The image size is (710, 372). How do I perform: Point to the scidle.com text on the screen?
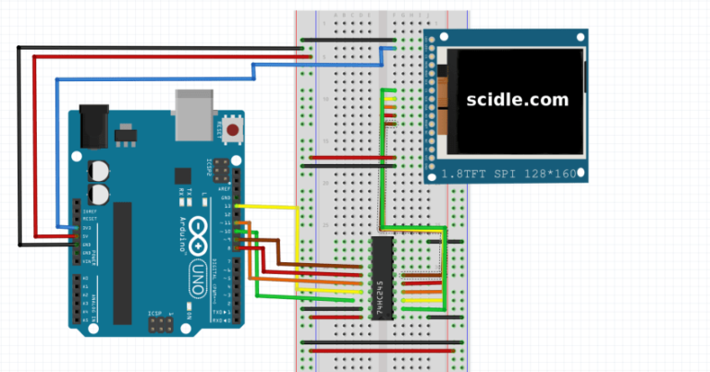coord(516,100)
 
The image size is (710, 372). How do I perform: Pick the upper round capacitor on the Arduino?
coord(98,170)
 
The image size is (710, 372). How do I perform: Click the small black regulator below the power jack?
coord(122,138)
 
